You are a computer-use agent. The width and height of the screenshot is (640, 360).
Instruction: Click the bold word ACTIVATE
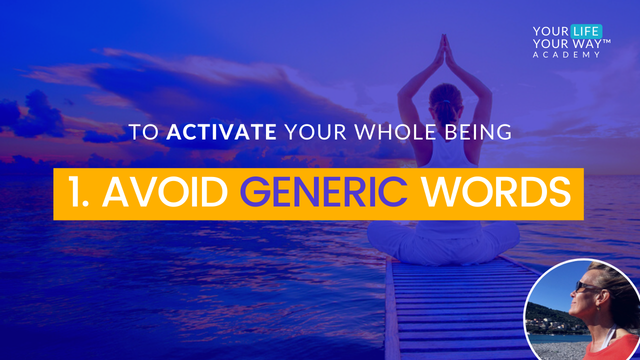[x=221, y=132]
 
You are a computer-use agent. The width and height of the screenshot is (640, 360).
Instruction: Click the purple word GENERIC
[x=323, y=192]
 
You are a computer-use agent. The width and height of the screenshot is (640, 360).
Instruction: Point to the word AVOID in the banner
[x=165, y=192]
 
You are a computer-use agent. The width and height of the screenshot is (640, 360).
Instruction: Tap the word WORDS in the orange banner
[x=496, y=192]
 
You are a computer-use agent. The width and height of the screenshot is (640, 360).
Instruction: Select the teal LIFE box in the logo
[x=586, y=31]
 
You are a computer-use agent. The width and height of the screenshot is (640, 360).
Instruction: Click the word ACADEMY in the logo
[x=566, y=55]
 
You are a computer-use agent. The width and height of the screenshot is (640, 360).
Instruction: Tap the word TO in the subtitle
[x=143, y=132]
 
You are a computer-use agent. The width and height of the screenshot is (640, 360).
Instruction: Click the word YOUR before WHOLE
[x=315, y=132]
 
